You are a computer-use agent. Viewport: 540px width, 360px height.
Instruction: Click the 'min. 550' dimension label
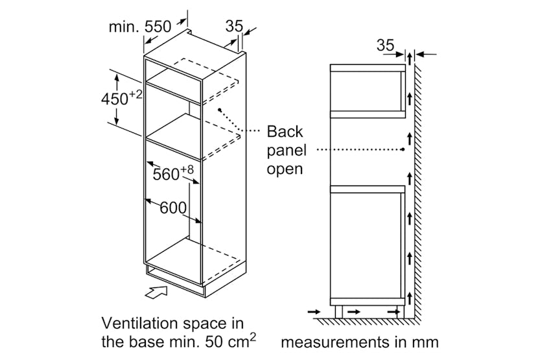coord(140,27)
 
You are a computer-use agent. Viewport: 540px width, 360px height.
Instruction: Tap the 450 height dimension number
coord(115,99)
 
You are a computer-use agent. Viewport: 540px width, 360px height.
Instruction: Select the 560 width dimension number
coord(166,174)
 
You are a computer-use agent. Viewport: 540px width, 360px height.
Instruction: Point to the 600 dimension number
coord(173,208)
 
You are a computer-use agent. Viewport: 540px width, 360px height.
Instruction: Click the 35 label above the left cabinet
coord(234,26)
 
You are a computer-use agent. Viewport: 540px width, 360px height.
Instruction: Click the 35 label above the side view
coord(385,45)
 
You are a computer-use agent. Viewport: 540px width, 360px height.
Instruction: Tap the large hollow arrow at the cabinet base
coord(157,291)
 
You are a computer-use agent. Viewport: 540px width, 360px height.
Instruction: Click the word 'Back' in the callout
coord(285,132)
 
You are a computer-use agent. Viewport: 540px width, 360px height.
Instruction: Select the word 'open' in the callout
coord(285,169)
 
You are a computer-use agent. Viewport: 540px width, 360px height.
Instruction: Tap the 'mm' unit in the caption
coord(427,343)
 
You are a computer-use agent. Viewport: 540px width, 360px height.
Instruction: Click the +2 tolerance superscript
coord(135,94)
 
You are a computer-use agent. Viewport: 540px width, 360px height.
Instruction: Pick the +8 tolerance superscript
coord(187,169)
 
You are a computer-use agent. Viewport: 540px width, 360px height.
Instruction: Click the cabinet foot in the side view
coord(339,312)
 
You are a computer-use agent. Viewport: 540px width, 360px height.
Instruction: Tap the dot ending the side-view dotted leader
coord(403,149)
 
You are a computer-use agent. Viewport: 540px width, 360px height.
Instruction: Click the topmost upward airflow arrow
coord(410,58)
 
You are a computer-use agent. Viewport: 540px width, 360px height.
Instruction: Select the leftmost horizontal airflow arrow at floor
coord(314,312)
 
